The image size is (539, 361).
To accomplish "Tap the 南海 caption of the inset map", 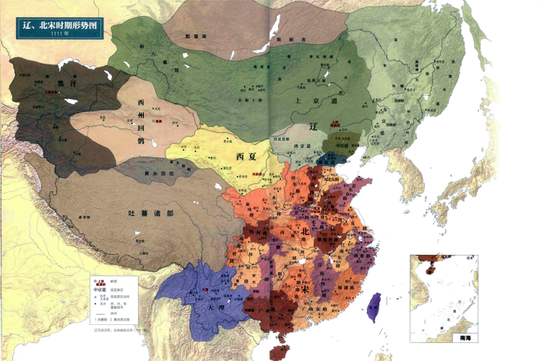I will pyautogui.click(x=466, y=336).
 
